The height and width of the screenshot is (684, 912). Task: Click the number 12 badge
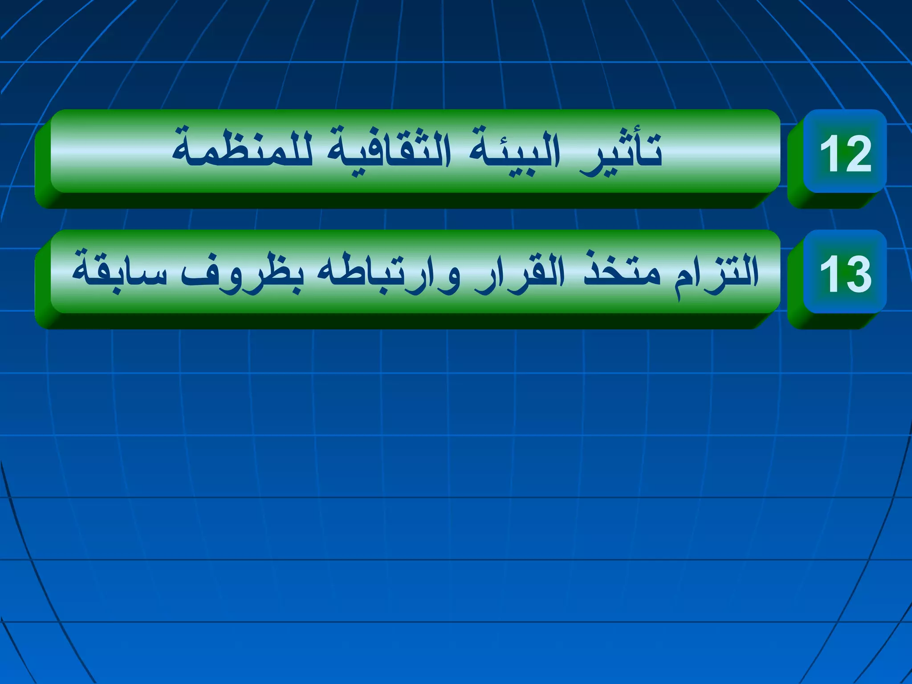point(845,152)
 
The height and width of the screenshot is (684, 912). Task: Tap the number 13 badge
point(845,273)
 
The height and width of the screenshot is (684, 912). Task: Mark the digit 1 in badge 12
point(829,153)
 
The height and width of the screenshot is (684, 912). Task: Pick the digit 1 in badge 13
point(829,274)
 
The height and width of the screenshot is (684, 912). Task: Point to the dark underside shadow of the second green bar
point(401,321)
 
